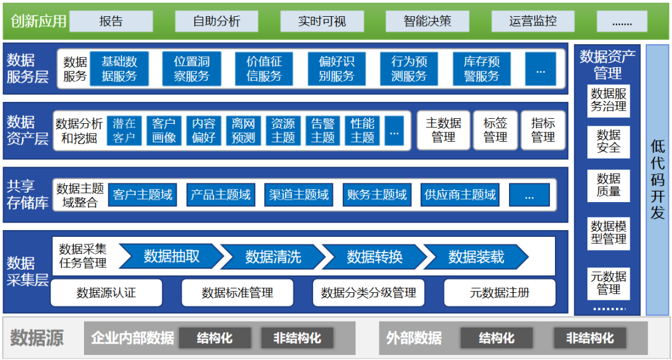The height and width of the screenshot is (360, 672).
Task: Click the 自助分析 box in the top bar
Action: point(217,21)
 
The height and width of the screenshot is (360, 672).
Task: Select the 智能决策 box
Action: point(427,21)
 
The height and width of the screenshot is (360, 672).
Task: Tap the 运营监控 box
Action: point(533,21)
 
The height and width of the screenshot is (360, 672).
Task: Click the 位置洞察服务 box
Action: point(192,68)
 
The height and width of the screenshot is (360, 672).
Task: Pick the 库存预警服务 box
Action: point(482,68)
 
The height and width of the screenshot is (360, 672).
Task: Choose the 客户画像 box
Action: point(164,131)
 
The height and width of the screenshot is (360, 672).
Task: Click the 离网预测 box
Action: point(243,131)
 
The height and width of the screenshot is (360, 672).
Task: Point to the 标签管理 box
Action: point(495,131)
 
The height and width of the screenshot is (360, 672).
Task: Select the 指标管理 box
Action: point(543,131)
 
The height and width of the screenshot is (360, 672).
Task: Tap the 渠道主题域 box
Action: point(299,195)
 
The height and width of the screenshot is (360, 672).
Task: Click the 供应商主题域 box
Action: point(460,195)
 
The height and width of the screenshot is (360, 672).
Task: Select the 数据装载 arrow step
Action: point(476,256)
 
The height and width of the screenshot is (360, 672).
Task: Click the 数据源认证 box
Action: point(106,292)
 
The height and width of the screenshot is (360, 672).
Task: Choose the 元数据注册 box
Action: point(500,292)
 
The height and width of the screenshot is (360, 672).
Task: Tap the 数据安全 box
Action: point(609,141)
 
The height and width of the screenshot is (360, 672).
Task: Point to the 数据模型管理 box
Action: point(609,233)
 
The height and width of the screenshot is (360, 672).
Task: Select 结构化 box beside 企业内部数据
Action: point(215,338)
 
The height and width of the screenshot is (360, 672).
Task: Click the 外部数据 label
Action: point(414,338)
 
